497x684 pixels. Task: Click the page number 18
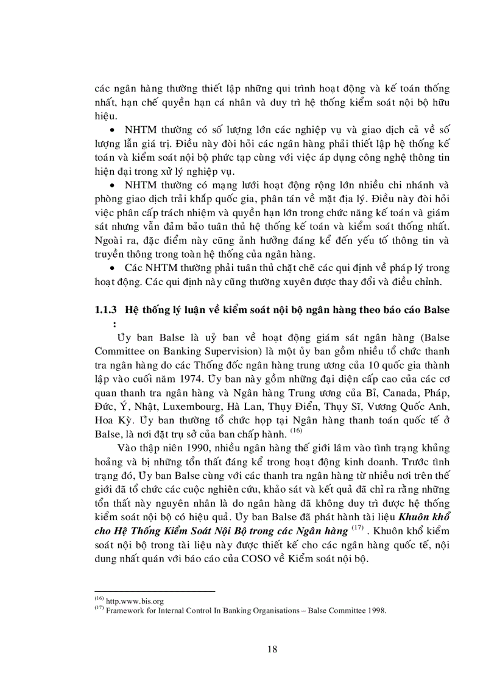[x=272, y=649]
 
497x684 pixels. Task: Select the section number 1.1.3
[x=107, y=309]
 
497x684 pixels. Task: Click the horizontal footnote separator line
[x=155, y=591]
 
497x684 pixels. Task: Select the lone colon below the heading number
[x=113, y=324]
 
